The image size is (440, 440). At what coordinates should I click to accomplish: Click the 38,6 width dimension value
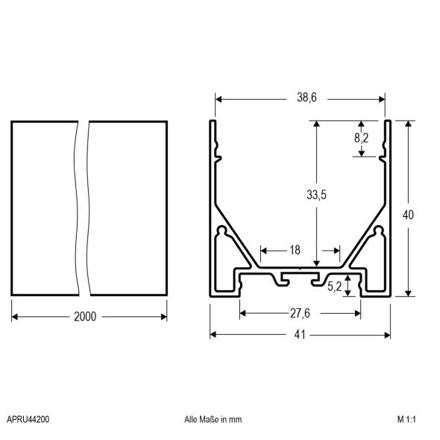301,97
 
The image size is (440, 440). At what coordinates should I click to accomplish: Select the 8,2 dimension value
361,137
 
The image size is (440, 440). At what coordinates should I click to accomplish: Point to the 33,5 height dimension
317,195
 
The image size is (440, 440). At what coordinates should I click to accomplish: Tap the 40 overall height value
407,215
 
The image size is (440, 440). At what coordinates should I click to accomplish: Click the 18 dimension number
295,251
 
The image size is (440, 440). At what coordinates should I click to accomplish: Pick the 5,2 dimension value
336,285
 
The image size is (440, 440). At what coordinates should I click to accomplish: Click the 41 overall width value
300,335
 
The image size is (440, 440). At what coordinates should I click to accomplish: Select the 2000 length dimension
86,316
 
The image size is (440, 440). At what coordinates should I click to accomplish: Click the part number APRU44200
28,420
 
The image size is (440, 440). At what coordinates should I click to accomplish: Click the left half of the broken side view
43,209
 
